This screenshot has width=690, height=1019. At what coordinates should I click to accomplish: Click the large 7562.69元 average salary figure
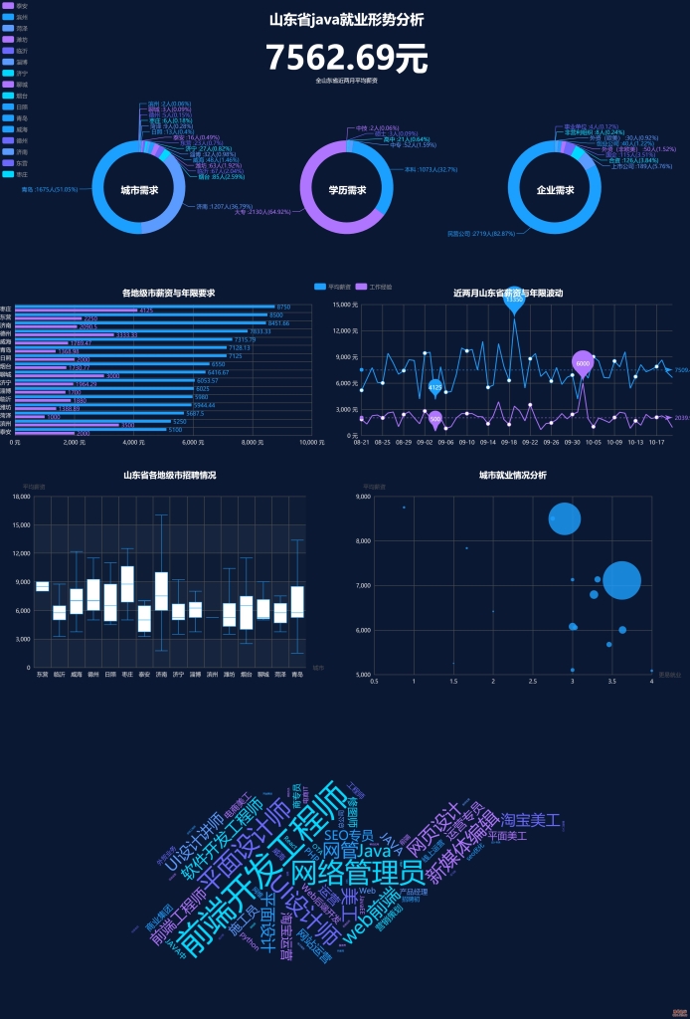pos(345,58)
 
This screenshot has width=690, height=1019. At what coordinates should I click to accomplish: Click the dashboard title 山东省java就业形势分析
pos(345,19)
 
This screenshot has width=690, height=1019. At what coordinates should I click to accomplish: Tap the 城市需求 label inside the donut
pos(139,189)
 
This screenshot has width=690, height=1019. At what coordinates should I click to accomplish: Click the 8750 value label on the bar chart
pos(283,306)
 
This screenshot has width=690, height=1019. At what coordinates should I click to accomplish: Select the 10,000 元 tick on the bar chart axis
pos(311,442)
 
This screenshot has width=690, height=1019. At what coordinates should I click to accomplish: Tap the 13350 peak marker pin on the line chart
pos(513,300)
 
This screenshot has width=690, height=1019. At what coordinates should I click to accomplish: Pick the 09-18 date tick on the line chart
pos(508,442)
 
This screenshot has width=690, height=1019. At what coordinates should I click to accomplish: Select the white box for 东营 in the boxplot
pos(42,586)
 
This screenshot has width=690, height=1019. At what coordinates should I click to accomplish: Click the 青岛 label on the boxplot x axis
pos(296,675)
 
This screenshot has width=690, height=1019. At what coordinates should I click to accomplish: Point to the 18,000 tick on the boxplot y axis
pos(20,496)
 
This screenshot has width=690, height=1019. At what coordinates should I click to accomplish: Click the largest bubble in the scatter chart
pos(621,580)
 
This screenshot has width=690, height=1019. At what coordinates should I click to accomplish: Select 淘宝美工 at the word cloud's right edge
pos(530,820)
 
